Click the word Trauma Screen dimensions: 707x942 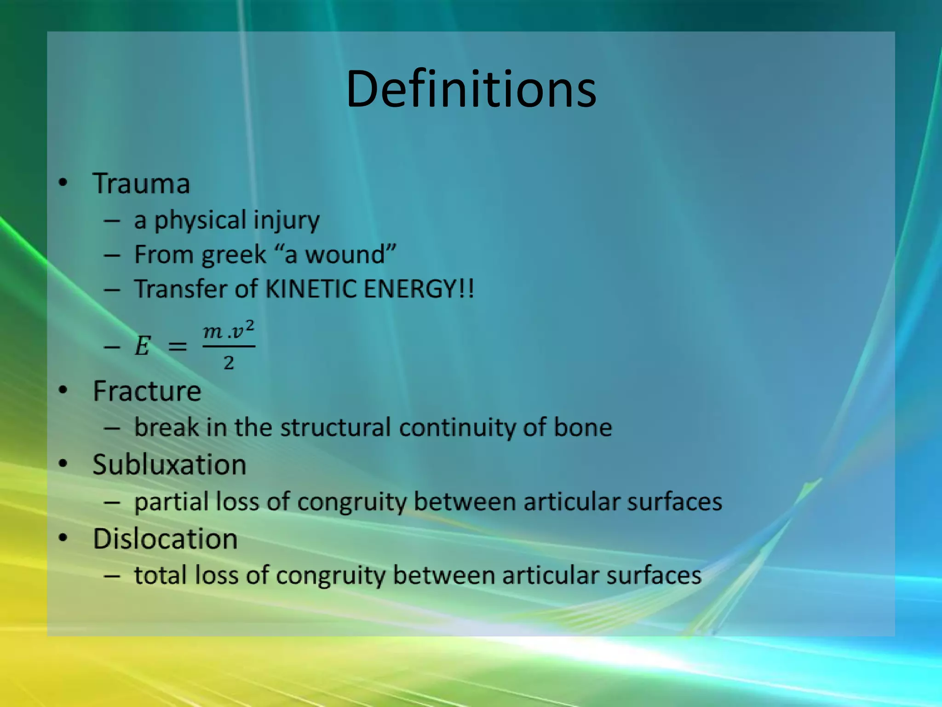click(x=141, y=184)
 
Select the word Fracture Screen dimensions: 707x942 click(x=147, y=391)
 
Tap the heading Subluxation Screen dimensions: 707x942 click(x=169, y=464)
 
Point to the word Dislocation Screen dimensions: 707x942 click(x=165, y=539)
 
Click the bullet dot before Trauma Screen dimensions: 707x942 click(x=63, y=183)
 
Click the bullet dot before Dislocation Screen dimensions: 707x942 click(x=63, y=538)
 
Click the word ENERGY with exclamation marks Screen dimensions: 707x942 click(x=418, y=289)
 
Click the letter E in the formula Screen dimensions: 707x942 click(x=142, y=346)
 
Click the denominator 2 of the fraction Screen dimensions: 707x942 click(x=229, y=364)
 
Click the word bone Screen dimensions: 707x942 click(x=582, y=427)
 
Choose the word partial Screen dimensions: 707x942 click(x=171, y=502)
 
